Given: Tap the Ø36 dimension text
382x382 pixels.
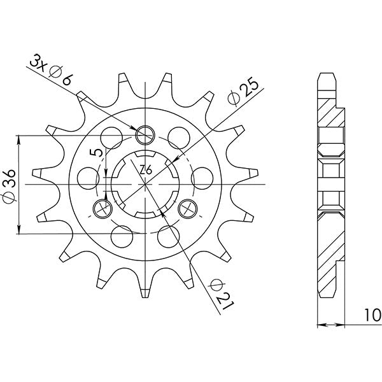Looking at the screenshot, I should pyautogui.click(x=11, y=185).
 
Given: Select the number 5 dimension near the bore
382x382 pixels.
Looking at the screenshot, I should pyautogui.click(x=94, y=154).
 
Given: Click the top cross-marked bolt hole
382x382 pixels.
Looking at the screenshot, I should pyautogui.click(x=146, y=134).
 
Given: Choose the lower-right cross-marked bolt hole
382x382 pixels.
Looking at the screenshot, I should pyautogui.click(x=188, y=208).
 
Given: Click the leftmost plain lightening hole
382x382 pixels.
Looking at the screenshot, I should pyautogui.click(x=85, y=175).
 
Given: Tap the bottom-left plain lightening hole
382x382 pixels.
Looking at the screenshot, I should pyautogui.click(x=120, y=236).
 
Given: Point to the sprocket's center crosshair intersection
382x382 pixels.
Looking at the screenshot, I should pyautogui.click(x=146, y=183).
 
